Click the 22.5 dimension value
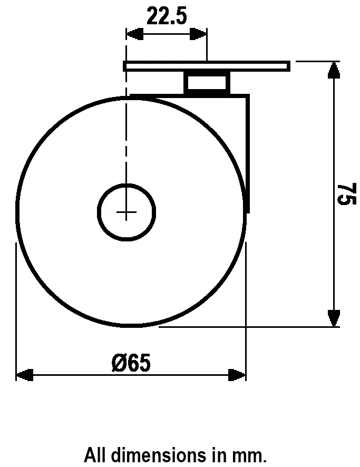[167, 16]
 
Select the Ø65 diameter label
[131, 363]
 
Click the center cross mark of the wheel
[127, 212]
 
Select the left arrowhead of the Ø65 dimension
[24, 375]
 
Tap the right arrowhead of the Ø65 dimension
[238, 375]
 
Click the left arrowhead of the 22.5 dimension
[134, 34]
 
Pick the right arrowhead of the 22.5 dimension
[199, 34]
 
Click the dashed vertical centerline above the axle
[127, 137]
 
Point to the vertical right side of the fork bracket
[248, 153]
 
